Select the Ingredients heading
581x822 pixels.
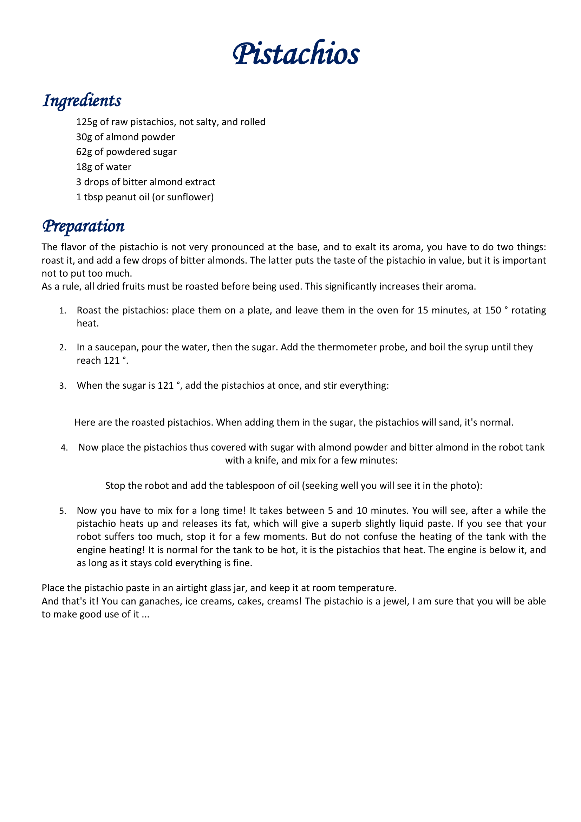(82, 101)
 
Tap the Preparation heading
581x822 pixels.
(83, 226)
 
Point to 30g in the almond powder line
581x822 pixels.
(84, 137)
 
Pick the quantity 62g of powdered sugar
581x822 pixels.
(84, 152)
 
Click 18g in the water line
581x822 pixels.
(84, 167)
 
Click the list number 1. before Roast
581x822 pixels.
(63, 311)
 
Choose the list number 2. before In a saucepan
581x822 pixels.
(63, 348)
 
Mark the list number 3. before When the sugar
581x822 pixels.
(63, 386)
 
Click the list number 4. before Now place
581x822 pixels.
(64, 448)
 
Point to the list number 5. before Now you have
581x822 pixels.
(63, 511)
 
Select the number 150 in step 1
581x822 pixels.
(493, 310)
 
